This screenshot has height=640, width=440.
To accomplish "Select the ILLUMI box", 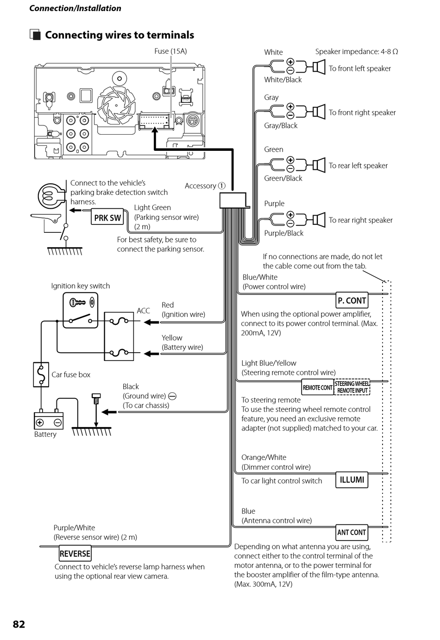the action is pyautogui.click(x=352, y=480).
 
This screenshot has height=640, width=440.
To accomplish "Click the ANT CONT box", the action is pyautogui.click(x=352, y=533).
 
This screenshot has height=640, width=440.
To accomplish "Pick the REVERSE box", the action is pyautogui.click(x=75, y=553).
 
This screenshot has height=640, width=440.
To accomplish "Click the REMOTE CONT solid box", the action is pyautogui.click(x=317, y=387).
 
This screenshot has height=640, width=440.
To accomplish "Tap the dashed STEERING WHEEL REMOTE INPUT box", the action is pyautogui.click(x=352, y=387).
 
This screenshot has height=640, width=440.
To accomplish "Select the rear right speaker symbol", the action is pyautogui.click(x=319, y=220).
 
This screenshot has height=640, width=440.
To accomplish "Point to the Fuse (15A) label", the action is pyautogui.click(x=171, y=51).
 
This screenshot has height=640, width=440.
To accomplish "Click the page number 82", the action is pyautogui.click(x=19, y=624).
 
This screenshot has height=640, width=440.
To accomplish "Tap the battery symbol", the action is pyautogui.click(x=49, y=420).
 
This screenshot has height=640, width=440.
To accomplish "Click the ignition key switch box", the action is pyautogui.click(x=80, y=311).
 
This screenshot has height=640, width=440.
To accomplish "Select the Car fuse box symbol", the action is pyautogui.click(x=41, y=374).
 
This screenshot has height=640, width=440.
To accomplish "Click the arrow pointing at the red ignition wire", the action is pyautogui.click(x=151, y=322).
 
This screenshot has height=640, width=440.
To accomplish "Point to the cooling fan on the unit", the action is pyautogui.click(x=116, y=105).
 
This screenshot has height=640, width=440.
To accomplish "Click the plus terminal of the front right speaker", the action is pyautogui.click(x=290, y=106).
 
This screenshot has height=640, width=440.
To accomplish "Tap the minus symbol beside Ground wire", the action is pyautogui.click(x=172, y=396).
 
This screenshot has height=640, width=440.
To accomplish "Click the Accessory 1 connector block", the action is pyautogui.click(x=233, y=200).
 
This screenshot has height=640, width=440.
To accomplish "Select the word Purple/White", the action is pyautogui.click(x=74, y=528).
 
